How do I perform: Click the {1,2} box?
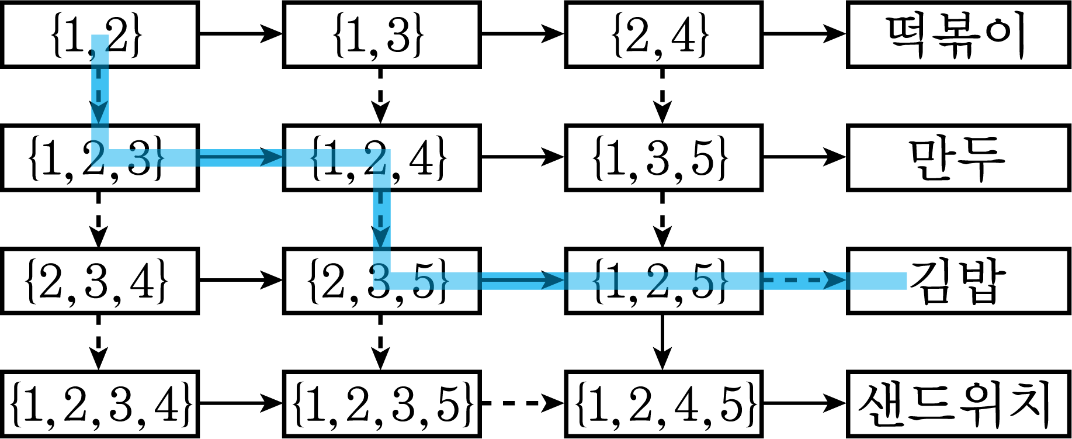(100, 34)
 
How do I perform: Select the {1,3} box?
(381, 34)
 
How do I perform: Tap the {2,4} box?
(664, 34)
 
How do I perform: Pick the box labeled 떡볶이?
(959, 34)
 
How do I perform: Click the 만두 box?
(959, 158)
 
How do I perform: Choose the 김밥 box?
(959, 281)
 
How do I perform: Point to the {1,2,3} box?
(100, 158)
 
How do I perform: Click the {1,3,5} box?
(664, 158)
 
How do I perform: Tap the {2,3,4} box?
(100, 281)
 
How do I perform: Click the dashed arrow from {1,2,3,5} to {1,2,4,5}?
(523, 403)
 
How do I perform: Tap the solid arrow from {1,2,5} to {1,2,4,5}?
(662, 343)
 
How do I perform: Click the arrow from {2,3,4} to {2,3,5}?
(241, 280)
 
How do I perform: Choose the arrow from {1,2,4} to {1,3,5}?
(523, 157)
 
